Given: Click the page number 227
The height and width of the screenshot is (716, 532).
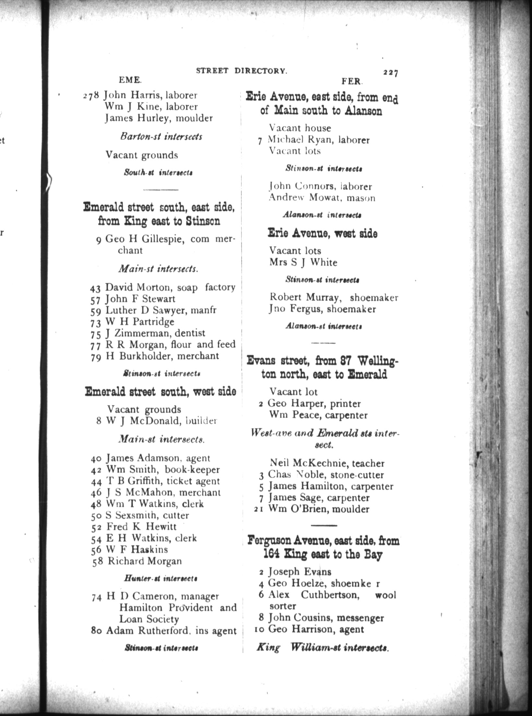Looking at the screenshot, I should (391, 72).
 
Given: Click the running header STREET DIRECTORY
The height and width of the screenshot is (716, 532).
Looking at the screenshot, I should (242, 71).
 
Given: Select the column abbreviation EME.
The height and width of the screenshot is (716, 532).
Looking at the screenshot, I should (130, 80).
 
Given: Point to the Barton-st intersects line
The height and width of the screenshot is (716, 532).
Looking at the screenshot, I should (161, 137).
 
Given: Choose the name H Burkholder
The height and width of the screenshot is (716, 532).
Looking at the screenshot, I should (137, 356).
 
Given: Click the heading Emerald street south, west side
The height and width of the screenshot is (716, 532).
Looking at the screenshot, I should (160, 392).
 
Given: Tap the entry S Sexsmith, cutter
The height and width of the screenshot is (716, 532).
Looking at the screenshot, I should (148, 515).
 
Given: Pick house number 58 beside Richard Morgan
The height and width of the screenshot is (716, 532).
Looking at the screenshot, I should (97, 561).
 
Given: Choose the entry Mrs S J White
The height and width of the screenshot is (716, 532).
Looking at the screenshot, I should (303, 262).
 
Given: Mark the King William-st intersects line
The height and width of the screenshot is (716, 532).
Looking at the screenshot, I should (322, 648).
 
